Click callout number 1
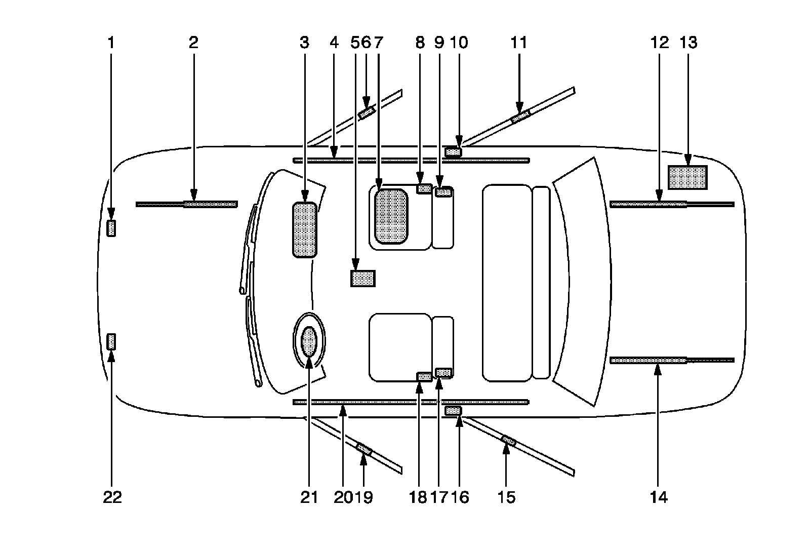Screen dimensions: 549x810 tap(111, 43)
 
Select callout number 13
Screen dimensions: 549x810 tap(689, 43)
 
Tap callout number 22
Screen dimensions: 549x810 tap(112, 497)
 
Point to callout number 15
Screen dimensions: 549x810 tap(507, 497)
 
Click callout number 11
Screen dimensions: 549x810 tap(519, 43)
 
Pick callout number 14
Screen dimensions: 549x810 tap(659, 497)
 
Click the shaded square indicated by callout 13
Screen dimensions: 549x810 tap(687, 177)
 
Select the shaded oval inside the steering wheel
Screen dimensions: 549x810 tap(309, 341)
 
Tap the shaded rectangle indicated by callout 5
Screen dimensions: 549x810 tap(362, 279)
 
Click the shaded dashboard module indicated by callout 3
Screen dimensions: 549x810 tap(305, 229)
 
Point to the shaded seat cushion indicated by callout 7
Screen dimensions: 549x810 tap(390, 216)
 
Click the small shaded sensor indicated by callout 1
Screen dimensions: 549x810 tap(111, 228)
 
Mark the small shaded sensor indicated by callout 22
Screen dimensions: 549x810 tap(111, 342)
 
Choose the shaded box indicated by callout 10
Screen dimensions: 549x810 tap(453, 151)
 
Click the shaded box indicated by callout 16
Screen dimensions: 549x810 tap(453, 410)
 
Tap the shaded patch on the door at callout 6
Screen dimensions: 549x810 tap(366, 112)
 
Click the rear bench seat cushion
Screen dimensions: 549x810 tap(506, 283)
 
